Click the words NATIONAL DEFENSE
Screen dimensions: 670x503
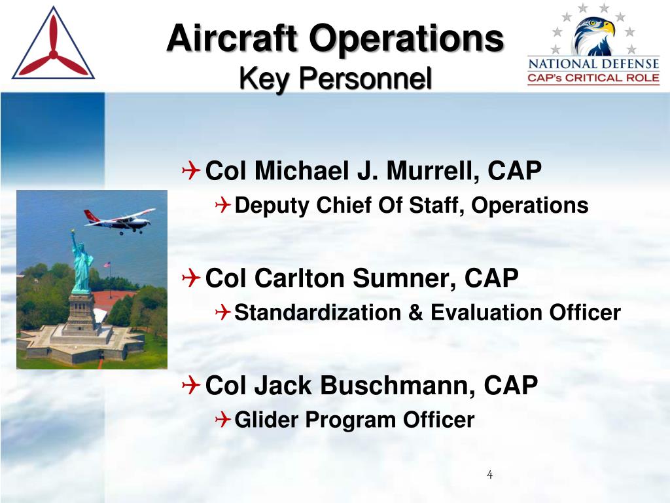tap(593, 64)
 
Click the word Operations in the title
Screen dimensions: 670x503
tap(407, 39)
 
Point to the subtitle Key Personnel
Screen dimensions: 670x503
tap(336, 79)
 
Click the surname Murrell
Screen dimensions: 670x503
tap(433, 171)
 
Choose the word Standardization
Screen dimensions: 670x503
tap(317, 312)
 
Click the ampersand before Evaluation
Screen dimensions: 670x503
tap(415, 312)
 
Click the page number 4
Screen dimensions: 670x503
tap(489, 475)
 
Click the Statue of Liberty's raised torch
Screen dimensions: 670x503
tap(73, 233)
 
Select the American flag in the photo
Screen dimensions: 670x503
tap(107, 265)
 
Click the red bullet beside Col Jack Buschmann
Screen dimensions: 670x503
tap(190, 385)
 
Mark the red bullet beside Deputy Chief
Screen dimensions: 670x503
tap(222, 205)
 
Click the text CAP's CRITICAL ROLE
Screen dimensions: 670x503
tap(593, 78)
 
